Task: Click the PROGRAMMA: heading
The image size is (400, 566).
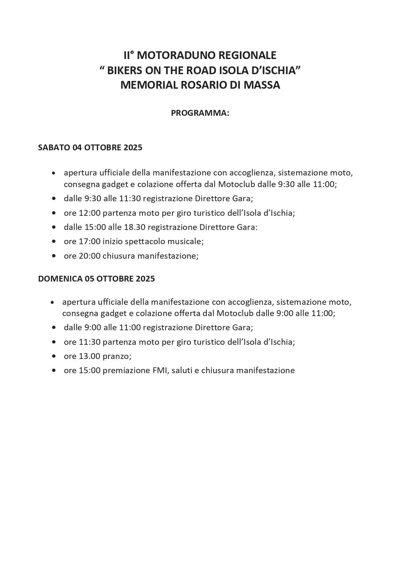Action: click(200, 113)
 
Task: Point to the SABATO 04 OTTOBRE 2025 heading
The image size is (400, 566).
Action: click(90, 147)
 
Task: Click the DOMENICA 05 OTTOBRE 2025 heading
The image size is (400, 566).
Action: click(96, 278)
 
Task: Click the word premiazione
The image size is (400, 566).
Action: click(126, 370)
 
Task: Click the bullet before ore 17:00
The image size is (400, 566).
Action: click(54, 242)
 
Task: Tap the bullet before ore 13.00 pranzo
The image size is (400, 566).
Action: click(54, 356)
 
